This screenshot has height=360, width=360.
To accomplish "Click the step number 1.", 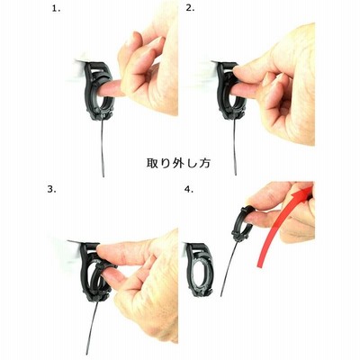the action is click(x=57, y=9).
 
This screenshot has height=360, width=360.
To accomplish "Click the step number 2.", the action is click(x=190, y=8).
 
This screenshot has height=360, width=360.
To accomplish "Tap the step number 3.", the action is click(x=51, y=189).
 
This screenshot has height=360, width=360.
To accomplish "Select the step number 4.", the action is click(x=189, y=189).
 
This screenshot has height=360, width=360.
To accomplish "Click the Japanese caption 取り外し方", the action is click(x=179, y=163).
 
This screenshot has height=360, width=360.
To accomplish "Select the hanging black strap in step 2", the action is click(x=235, y=147).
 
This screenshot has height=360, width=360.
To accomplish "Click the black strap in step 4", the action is click(x=229, y=268).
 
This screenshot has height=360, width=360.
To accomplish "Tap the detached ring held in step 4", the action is click(x=242, y=223).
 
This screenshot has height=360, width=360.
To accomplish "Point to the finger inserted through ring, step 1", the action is click(x=111, y=88).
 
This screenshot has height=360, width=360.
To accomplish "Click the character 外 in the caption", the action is click(x=179, y=163).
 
